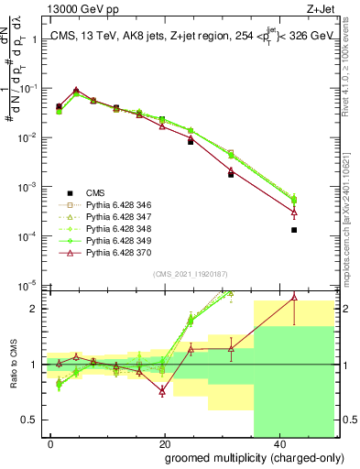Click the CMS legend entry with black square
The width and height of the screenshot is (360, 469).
pos(95,192)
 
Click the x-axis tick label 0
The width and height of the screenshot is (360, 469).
pos(51,442)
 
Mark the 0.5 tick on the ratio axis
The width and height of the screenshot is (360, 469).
pos(31,420)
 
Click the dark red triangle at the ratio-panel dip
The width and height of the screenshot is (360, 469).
pos(162,391)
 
